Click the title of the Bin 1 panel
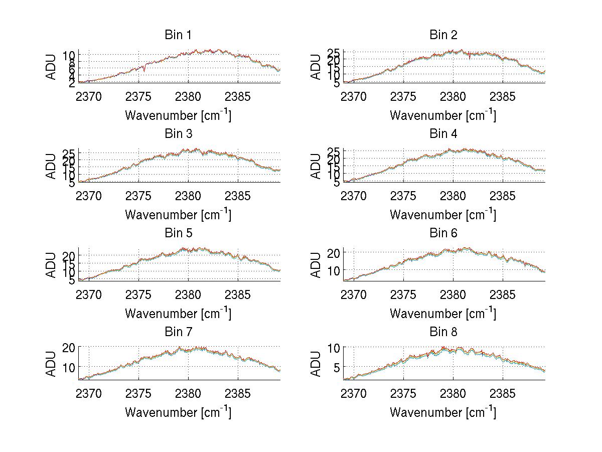[x=178, y=35]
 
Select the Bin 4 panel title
[x=443, y=134]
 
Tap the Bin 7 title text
[x=178, y=332]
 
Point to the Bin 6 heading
[x=443, y=233]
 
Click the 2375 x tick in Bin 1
[x=138, y=96]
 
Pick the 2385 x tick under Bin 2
[x=503, y=96]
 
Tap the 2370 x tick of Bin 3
[x=89, y=196]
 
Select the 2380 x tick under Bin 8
[x=454, y=393]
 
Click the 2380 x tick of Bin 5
[x=188, y=294]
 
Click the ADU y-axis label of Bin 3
[x=52, y=166]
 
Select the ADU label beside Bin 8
[x=317, y=364]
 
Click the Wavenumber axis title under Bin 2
[x=443, y=115]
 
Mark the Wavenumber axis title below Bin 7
[x=178, y=412]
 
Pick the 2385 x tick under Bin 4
[x=503, y=196]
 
